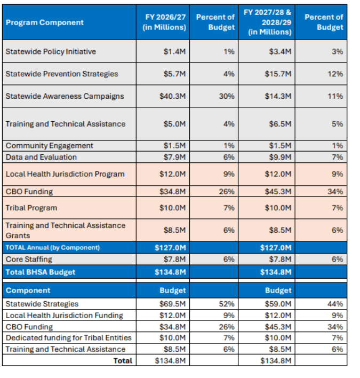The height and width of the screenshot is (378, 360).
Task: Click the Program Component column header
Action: [44, 22]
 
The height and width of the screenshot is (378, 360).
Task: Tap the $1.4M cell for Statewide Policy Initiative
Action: [175, 52]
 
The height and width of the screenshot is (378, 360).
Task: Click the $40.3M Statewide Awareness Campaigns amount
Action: [173, 96]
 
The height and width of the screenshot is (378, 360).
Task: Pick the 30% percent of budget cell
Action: [228, 96]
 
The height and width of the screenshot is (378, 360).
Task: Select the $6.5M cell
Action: [281, 124]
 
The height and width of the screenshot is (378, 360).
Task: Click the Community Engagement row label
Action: [49, 146]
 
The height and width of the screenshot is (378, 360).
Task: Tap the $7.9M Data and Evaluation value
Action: [175, 157]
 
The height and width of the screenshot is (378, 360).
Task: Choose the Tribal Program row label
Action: [31, 208]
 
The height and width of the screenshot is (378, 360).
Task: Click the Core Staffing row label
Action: [29, 259]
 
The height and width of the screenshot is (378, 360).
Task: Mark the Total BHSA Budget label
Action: [41, 272]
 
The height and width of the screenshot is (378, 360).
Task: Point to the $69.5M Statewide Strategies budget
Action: [173, 304]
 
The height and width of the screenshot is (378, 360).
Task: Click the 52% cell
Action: [228, 304]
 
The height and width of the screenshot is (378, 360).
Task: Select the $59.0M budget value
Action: [278, 304]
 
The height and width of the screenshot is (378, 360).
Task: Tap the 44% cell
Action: [335, 304]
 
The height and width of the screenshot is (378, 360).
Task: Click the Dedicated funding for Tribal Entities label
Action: [68, 338]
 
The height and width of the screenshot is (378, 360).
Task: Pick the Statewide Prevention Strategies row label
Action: [61, 74]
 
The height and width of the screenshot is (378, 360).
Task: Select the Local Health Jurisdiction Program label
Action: [65, 174]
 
